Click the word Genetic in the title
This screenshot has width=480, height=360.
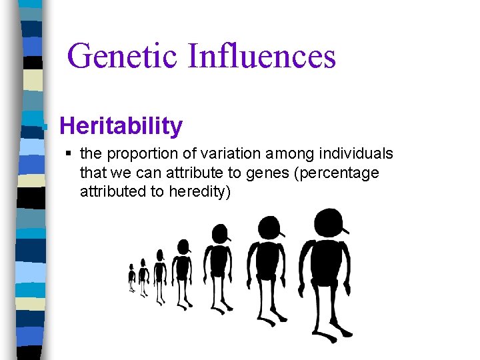(123, 55)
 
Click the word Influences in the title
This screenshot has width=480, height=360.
(261, 55)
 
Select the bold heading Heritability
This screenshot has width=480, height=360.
(121, 125)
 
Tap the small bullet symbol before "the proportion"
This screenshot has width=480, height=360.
(70, 154)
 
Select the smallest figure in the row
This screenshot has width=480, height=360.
(131, 277)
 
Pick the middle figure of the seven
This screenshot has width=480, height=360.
(181, 270)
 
